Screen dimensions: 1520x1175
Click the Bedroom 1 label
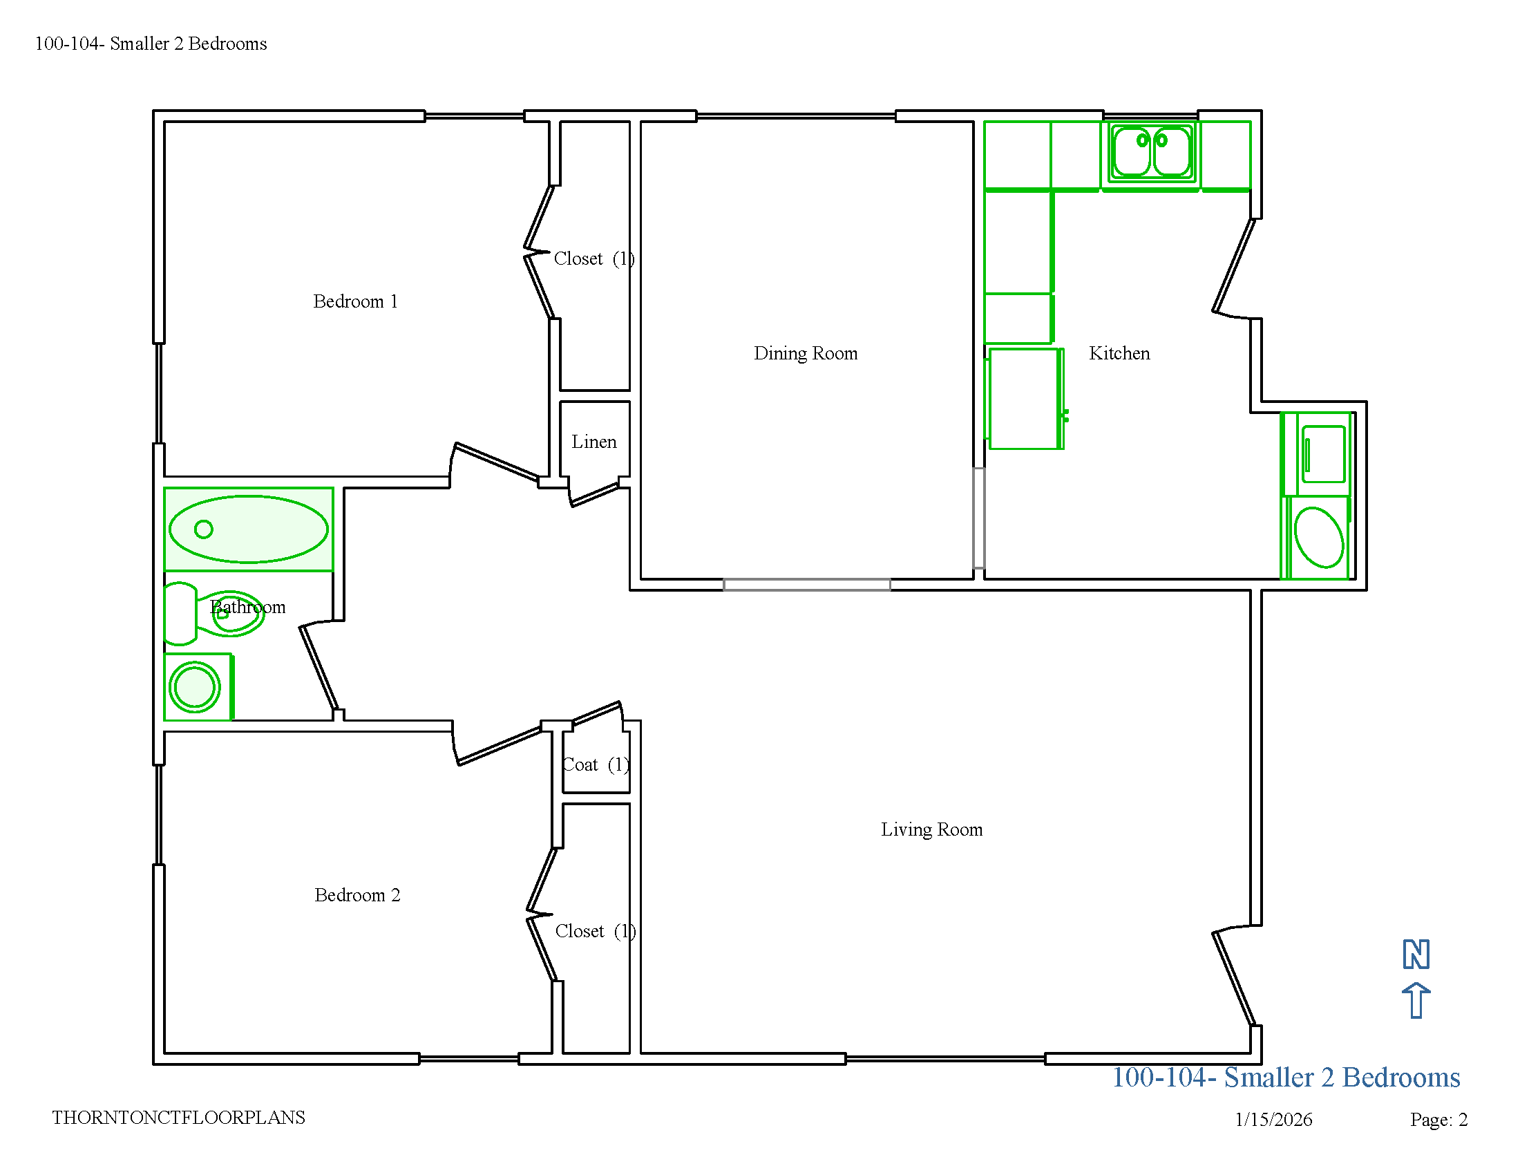pyautogui.click(x=355, y=301)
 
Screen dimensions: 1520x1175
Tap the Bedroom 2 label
pyautogui.click(x=357, y=895)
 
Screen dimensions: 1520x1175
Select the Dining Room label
pyautogui.click(x=805, y=354)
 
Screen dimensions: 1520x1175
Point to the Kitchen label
pyautogui.click(x=1119, y=353)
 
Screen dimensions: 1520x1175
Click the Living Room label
pyautogui.click(x=932, y=829)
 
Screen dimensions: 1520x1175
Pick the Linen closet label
pyautogui.click(x=593, y=442)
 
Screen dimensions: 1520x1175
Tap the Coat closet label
pyautogui.click(x=596, y=765)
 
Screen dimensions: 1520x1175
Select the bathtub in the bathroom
pyautogui.click(x=249, y=529)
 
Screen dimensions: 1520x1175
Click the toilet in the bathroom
pyautogui.click(x=213, y=614)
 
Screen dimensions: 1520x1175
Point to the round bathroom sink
pyautogui.click(x=196, y=687)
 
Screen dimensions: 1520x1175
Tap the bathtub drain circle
pyautogui.click(x=204, y=529)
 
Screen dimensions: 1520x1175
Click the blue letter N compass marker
pyautogui.click(x=1416, y=955)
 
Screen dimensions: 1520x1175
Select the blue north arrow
pyautogui.click(x=1416, y=1001)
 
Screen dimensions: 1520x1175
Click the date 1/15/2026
pyautogui.click(x=1273, y=1119)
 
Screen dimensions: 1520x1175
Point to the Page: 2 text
pyautogui.click(x=1438, y=1119)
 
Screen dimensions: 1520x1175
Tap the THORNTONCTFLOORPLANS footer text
pyautogui.click(x=179, y=1117)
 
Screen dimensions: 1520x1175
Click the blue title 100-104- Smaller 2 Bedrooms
pyautogui.click(x=1286, y=1078)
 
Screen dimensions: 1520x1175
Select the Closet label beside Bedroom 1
pyautogui.click(x=594, y=259)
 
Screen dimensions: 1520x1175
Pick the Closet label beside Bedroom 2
pyautogui.click(x=596, y=932)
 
